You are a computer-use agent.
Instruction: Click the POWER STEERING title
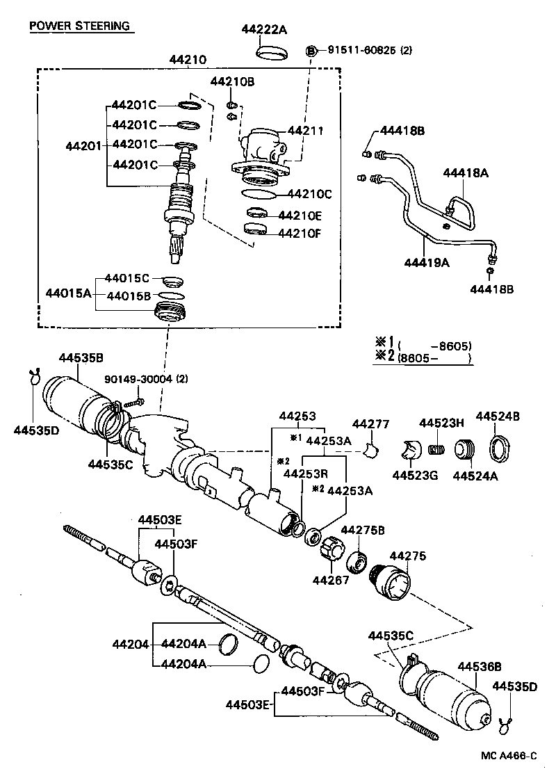[x=79, y=26]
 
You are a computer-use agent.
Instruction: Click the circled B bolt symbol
[x=312, y=50]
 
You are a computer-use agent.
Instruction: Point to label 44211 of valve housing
[x=306, y=130]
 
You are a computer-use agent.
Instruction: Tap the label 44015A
[x=68, y=293]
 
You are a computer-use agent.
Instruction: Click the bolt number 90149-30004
[x=139, y=379]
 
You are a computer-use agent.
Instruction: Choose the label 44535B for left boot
[x=81, y=358]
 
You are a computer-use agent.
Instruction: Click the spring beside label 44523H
[x=436, y=450]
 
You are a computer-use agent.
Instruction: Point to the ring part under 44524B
[x=501, y=448]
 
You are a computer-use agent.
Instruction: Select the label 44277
[x=370, y=424]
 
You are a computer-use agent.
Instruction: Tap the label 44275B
[x=362, y=531]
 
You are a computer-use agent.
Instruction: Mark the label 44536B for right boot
[x=479, y=665]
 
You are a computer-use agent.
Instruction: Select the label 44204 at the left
[x=130, y=644]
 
